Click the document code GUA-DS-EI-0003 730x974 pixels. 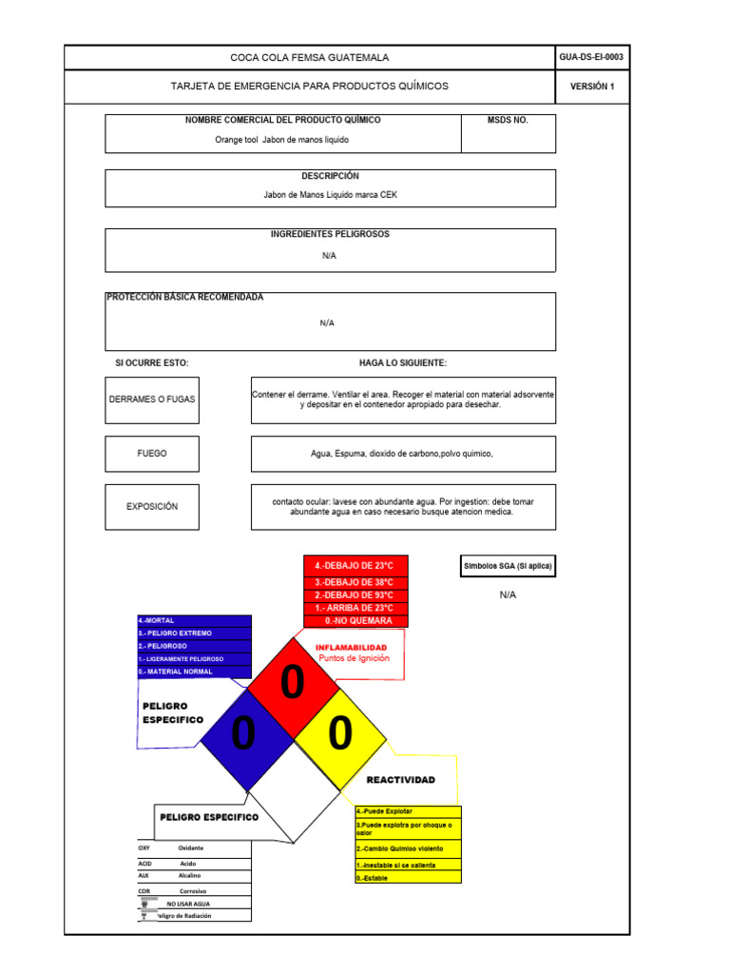pos(592,57)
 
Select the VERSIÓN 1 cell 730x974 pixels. pos(592,87)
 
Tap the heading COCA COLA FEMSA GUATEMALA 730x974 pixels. pos(309,58)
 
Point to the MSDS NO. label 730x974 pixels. pos(508,121)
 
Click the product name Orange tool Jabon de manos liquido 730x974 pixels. pos(282,140)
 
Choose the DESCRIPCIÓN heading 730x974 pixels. pos(330,176)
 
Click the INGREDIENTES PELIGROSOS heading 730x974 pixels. pos(330,234)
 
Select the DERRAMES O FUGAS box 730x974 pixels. pos(152,399)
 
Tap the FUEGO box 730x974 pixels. pos(152,454)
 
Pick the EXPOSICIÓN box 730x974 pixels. pos(152,507)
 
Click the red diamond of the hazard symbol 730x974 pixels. pos(293,685)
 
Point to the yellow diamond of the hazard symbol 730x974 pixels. pos(340,733)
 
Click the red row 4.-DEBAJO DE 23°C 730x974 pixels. pos(355,565)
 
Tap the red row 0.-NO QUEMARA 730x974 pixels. pos(355,621)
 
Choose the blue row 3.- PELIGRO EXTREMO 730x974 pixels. pos(194,633)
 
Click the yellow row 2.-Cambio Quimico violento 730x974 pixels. pos(408,848)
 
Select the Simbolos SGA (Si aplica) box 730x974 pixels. pos(508,566)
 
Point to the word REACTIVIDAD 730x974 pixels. pos(400,780)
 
